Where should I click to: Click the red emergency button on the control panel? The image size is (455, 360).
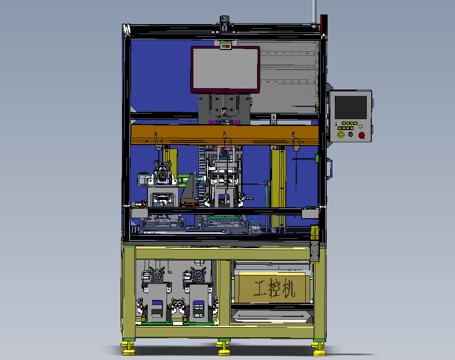(362, 135)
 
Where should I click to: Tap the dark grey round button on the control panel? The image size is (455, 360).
(351, 134)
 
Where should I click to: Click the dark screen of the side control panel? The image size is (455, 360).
(350, 107)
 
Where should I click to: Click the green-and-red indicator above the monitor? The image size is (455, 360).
(226, 46)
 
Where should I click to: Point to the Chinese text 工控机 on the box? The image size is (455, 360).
(274, 288)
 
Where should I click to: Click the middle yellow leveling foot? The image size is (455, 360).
(224, 348)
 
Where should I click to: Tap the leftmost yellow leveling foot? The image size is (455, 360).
(128, 348)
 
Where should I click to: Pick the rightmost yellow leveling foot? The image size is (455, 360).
(319, 349)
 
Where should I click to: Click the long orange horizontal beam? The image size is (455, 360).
(225, 135)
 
